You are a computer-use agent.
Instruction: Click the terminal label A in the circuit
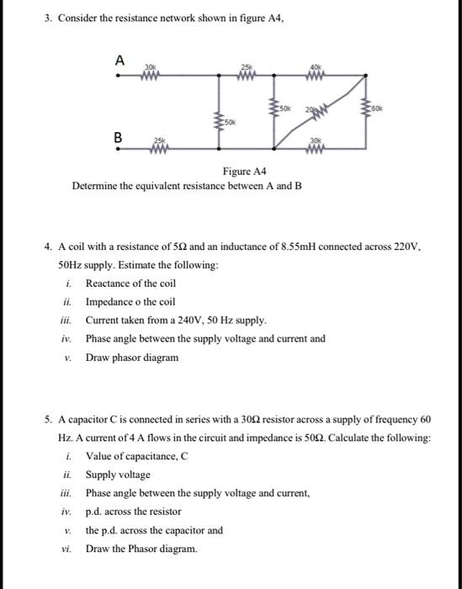119,60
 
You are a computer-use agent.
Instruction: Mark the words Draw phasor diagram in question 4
132,358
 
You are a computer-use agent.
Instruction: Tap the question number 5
48,418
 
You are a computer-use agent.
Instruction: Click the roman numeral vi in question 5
67,549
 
